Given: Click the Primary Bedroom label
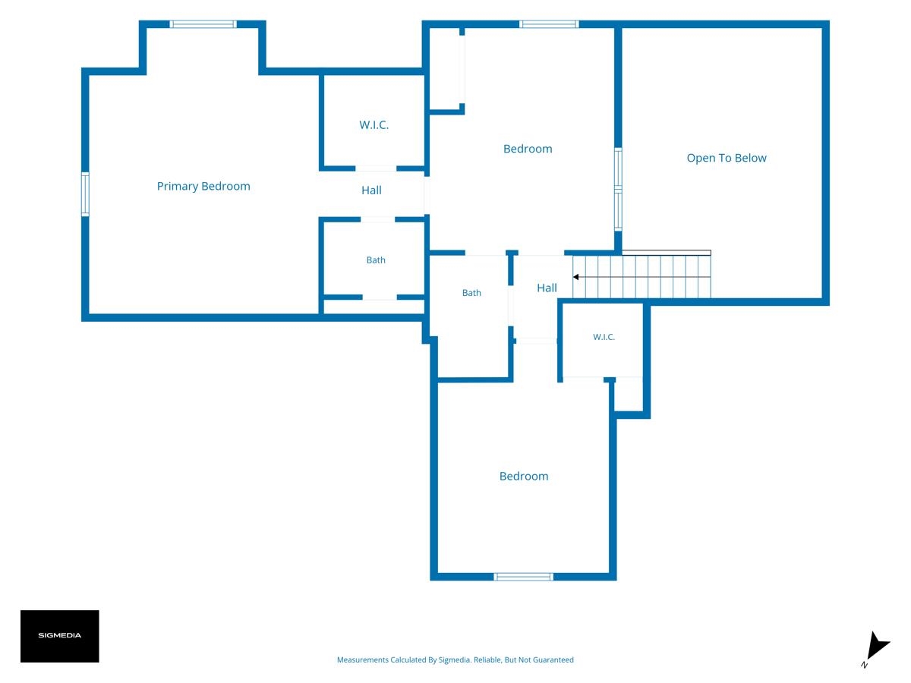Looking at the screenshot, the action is (x=203, y=186).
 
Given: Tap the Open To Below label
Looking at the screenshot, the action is (x=727, y=158).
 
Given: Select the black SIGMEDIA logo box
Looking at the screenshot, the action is (x=60, y=636).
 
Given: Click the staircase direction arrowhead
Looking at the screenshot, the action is (x=575, y=277).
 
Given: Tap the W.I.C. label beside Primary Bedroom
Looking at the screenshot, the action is (x=374, y=124).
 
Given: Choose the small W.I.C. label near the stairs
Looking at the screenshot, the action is (x=604, y=337).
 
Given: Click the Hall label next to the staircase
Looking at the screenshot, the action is (x=547, y=288).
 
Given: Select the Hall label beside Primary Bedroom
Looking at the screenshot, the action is (x=371, y=190).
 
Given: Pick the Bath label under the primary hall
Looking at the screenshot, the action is (x=376, y=260).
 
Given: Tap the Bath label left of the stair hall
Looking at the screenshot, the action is (x=471, y=293).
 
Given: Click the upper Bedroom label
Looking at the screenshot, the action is (x=528, y=149).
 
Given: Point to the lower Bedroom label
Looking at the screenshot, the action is (x=524, y=476).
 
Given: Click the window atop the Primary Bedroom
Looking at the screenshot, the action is (x=203, y=24).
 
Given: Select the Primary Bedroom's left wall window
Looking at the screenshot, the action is (x=85, y=194).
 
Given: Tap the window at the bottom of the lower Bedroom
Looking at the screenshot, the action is (x=523, y=577).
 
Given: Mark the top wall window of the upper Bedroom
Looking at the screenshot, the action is (x=549, y=24).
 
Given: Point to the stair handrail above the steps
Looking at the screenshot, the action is (x=666, y=253).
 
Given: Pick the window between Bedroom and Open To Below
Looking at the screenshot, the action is (x=618, y=189).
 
